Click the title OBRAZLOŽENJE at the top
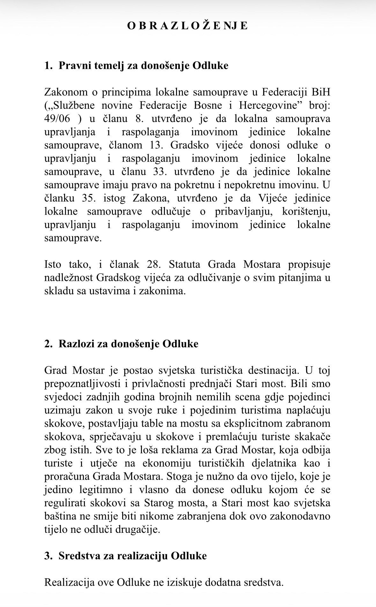coord(188,26)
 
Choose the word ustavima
coord(110,291)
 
